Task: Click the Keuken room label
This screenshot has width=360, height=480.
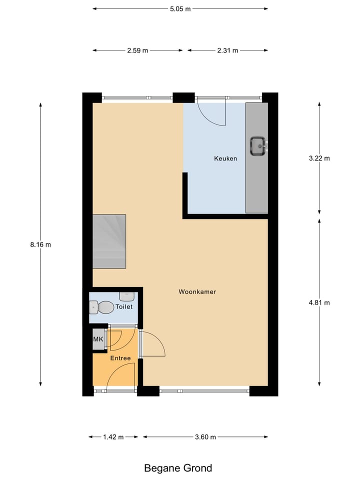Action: coord(225,158)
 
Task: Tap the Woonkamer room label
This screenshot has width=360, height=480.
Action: coord(197,292)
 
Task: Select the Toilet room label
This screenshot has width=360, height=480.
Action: coord(123,307)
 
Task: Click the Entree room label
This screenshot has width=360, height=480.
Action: coord(120,358)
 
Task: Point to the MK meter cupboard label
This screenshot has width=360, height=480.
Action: coord(98,339)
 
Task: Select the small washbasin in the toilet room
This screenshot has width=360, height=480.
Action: coord(125,296)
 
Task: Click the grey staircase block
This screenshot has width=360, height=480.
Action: coord(109,241)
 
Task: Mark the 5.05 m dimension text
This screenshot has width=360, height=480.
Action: coord(180,8)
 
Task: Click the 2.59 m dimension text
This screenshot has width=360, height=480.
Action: coord(137,50)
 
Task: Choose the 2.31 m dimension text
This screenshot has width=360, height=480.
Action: coord(227,50)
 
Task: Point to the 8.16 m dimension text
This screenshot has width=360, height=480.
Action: coord(40,244)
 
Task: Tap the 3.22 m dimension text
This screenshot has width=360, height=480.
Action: coord(320,158)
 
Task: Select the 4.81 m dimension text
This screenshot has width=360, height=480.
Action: coord(320,302)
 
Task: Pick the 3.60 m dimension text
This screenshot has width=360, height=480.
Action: coord(205,437)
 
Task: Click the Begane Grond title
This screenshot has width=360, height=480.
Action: coord(178,468)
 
